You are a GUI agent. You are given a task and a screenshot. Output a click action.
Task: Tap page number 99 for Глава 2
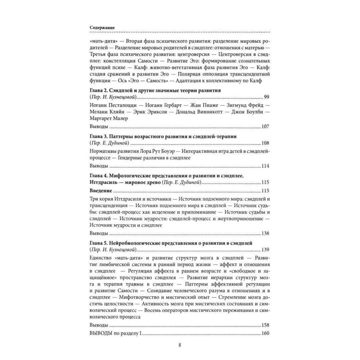(266, 97)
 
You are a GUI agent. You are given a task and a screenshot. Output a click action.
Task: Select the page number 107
(265, 127)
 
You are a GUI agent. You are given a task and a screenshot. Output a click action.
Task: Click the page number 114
(265, 166)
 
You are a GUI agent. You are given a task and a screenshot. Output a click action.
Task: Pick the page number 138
(265, 233)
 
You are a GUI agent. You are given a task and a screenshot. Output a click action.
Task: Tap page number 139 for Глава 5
(265, 249)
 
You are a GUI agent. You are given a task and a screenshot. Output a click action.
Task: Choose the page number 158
(265, 325)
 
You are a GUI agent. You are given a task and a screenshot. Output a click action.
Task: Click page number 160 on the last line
(265, 333)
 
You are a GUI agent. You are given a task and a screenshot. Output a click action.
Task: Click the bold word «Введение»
(99, 190)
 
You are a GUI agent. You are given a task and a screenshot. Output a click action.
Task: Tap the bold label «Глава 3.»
(98, 136)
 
